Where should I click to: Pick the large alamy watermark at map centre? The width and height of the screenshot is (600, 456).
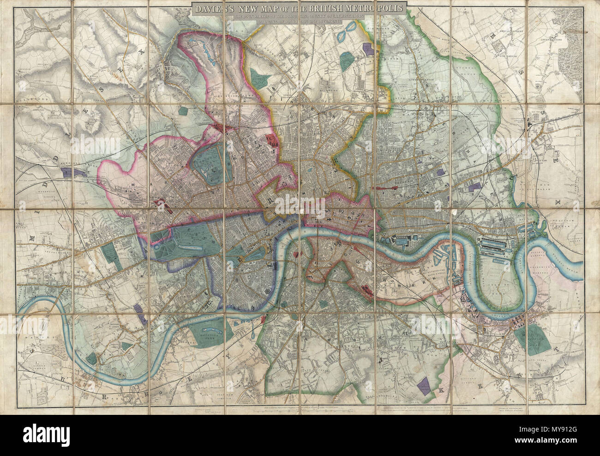[300, 217]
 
